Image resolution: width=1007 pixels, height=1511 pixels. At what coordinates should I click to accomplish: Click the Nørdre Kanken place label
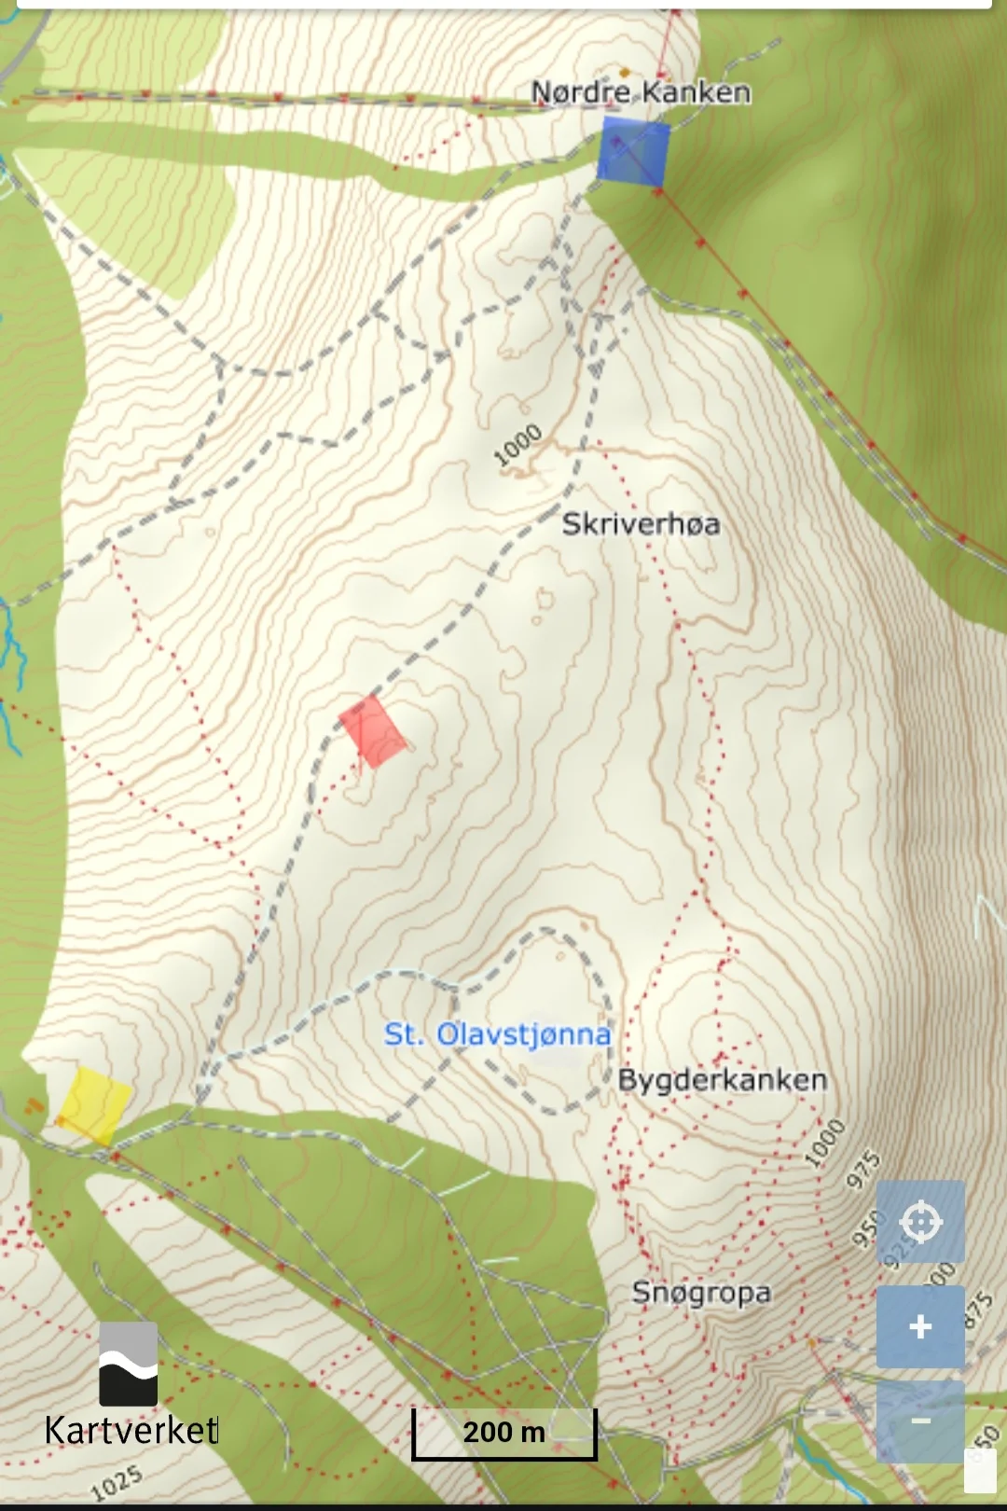[641, 92]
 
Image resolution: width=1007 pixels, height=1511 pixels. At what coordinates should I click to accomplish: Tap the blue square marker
[633, 152]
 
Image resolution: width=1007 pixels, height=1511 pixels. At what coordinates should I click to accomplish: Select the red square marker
[373, 731]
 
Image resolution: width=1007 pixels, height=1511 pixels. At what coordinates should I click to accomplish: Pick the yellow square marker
[94, 1105]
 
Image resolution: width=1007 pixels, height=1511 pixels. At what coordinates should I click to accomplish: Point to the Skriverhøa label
[641, 524]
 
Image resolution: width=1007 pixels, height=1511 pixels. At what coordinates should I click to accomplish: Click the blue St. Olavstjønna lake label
[497, 1034]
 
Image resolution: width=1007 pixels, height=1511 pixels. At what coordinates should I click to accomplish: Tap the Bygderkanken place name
[723, 1080]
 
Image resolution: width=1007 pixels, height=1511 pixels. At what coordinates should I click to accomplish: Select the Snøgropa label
[701, 1293]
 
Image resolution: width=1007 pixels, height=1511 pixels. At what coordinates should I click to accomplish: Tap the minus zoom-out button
[920, 1421]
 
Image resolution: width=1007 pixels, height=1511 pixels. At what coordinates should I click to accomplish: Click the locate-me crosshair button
[920, 1222]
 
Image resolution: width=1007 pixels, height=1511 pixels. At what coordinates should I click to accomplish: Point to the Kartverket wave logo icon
[129, 1364]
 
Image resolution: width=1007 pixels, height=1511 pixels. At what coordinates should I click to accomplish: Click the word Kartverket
[131, 1431]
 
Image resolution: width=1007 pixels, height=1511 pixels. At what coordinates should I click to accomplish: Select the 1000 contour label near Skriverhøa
[517, 445]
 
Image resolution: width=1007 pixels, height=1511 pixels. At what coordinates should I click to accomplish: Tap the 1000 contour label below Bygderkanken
[824, 1144]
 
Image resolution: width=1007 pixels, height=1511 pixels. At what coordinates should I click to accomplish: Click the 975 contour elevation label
[863, 1171]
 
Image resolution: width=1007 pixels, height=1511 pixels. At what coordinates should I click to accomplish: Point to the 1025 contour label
[117, 1481]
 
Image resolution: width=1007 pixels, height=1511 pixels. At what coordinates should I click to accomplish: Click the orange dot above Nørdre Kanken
[625, 72]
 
